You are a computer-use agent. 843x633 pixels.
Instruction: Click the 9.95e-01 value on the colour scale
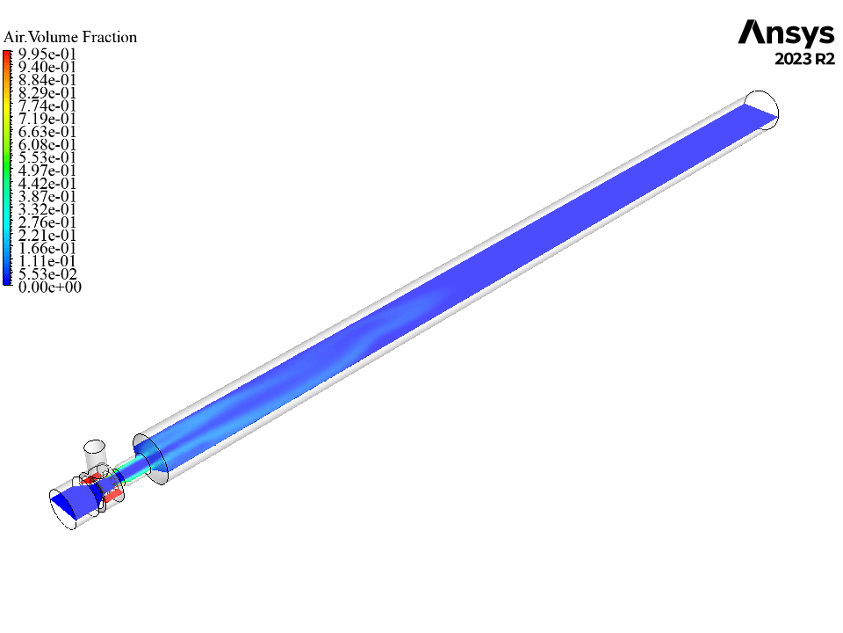coord(47,55)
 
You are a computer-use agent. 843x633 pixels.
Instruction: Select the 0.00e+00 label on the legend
coord(49,287)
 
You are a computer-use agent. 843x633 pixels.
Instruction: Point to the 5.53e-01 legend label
coord(47,157)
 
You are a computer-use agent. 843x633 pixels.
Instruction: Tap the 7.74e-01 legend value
coord(47,106)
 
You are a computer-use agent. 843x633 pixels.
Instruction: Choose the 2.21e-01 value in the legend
coord(47,236)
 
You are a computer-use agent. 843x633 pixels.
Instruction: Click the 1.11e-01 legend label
coord(47,261)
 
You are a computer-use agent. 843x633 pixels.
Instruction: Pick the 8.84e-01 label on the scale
coord(47,80)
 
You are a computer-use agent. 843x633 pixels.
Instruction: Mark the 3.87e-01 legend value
coord(47,196)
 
